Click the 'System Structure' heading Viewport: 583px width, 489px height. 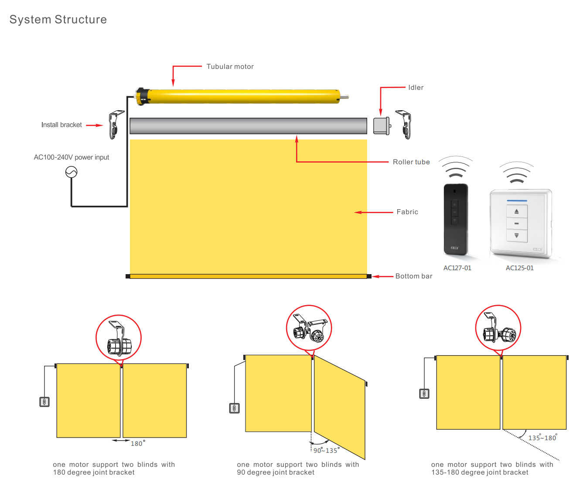58,20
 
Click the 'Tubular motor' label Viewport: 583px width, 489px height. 230,67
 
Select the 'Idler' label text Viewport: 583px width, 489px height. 416,88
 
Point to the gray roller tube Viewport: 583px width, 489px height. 248,126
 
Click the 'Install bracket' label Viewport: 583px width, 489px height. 61,125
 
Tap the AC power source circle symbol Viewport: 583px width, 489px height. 71,173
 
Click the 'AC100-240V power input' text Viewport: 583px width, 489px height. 72,157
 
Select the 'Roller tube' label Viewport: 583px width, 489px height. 411,162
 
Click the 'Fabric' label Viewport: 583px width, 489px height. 407,212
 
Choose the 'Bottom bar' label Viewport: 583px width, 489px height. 413,276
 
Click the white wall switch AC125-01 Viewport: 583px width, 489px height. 521,223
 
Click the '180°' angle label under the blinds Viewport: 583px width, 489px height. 138,444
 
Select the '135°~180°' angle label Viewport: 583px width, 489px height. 542,438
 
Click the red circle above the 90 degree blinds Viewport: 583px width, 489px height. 309,328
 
